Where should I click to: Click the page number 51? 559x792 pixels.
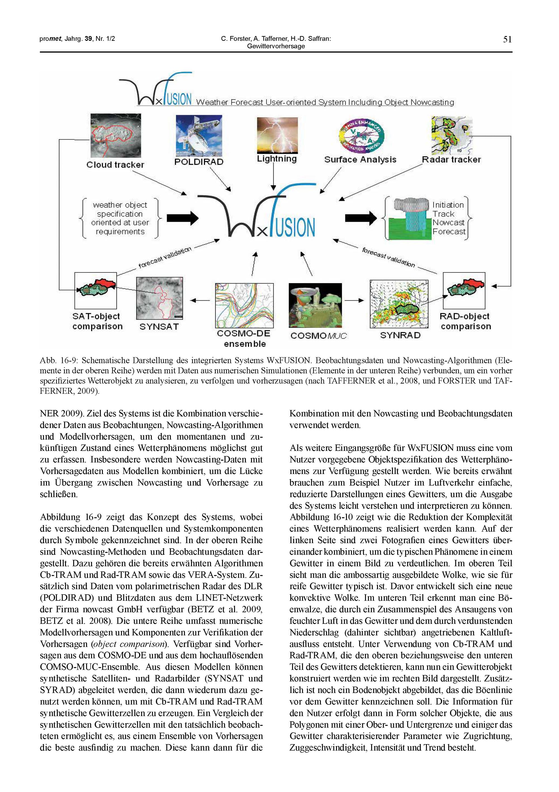coord(507,39)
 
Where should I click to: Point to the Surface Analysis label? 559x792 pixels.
coord(360,159)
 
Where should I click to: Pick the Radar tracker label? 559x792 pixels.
coord(451,159)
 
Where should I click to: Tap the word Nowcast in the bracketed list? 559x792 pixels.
coord(448,223)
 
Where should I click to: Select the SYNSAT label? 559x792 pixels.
coord(159,326)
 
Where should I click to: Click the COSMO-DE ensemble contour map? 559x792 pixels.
coord(244,305)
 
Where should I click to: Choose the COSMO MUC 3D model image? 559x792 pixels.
coord(315,305)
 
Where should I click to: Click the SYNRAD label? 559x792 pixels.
coord(400,335)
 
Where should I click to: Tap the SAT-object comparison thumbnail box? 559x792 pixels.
coord(96,291)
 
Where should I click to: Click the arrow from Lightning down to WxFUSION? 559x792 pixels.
coord(273,176)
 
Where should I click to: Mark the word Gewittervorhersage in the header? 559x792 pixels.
coord(276,46)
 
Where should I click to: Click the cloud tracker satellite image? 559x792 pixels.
coord(115,136)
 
